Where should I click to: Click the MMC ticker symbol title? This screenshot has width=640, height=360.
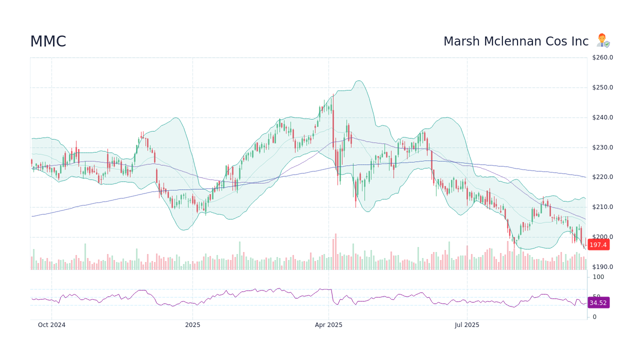(48, 41)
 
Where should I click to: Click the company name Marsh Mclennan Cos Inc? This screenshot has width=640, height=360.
(516, 41)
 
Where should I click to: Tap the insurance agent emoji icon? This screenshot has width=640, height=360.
(603, 41)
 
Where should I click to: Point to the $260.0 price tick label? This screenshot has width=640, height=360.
(602, 57)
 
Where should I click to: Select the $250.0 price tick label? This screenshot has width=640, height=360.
(602, 87)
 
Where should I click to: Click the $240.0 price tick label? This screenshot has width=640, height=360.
(602, 117)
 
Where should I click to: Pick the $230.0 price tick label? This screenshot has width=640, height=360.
(602, 147)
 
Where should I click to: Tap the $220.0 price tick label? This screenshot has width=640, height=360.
(602, 177)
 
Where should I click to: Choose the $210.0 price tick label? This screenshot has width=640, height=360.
(602, 207)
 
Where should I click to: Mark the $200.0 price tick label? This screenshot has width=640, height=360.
(602, 237)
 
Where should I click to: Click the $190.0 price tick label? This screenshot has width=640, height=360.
(602, 267)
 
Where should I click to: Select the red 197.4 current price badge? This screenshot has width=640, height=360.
(598, 244)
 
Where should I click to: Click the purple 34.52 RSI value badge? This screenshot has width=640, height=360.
(598, 302)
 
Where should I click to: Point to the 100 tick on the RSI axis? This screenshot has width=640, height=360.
(598, 277)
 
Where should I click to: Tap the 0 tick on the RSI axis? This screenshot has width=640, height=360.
(594, 317)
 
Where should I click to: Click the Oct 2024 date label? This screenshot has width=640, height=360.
(51, 325)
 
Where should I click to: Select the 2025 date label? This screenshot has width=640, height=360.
(192, 325)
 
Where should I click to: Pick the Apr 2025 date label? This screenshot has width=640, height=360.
(328, 325)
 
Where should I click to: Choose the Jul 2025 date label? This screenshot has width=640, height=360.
(467, 325)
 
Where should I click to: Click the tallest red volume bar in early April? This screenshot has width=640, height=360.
(335, 252)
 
